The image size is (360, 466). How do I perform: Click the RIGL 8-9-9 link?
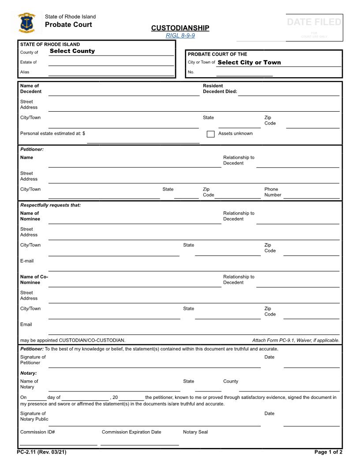180,35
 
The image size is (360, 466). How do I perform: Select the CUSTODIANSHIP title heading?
180,28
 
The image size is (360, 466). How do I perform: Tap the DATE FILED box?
314,27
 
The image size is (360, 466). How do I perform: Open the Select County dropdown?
111,51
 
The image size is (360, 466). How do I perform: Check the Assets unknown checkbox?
211,134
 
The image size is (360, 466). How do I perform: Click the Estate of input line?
111,62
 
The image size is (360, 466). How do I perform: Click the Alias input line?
111,72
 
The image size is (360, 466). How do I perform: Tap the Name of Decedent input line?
124,91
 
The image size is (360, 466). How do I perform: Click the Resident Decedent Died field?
289,91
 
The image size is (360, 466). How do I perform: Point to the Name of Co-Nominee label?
34,280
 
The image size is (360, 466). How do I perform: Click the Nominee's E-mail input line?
193,267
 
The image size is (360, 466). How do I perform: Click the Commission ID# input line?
58,441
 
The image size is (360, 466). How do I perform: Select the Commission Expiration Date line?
139,441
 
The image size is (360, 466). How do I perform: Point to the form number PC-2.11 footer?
41,452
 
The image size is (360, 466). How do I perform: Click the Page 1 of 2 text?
328,452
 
